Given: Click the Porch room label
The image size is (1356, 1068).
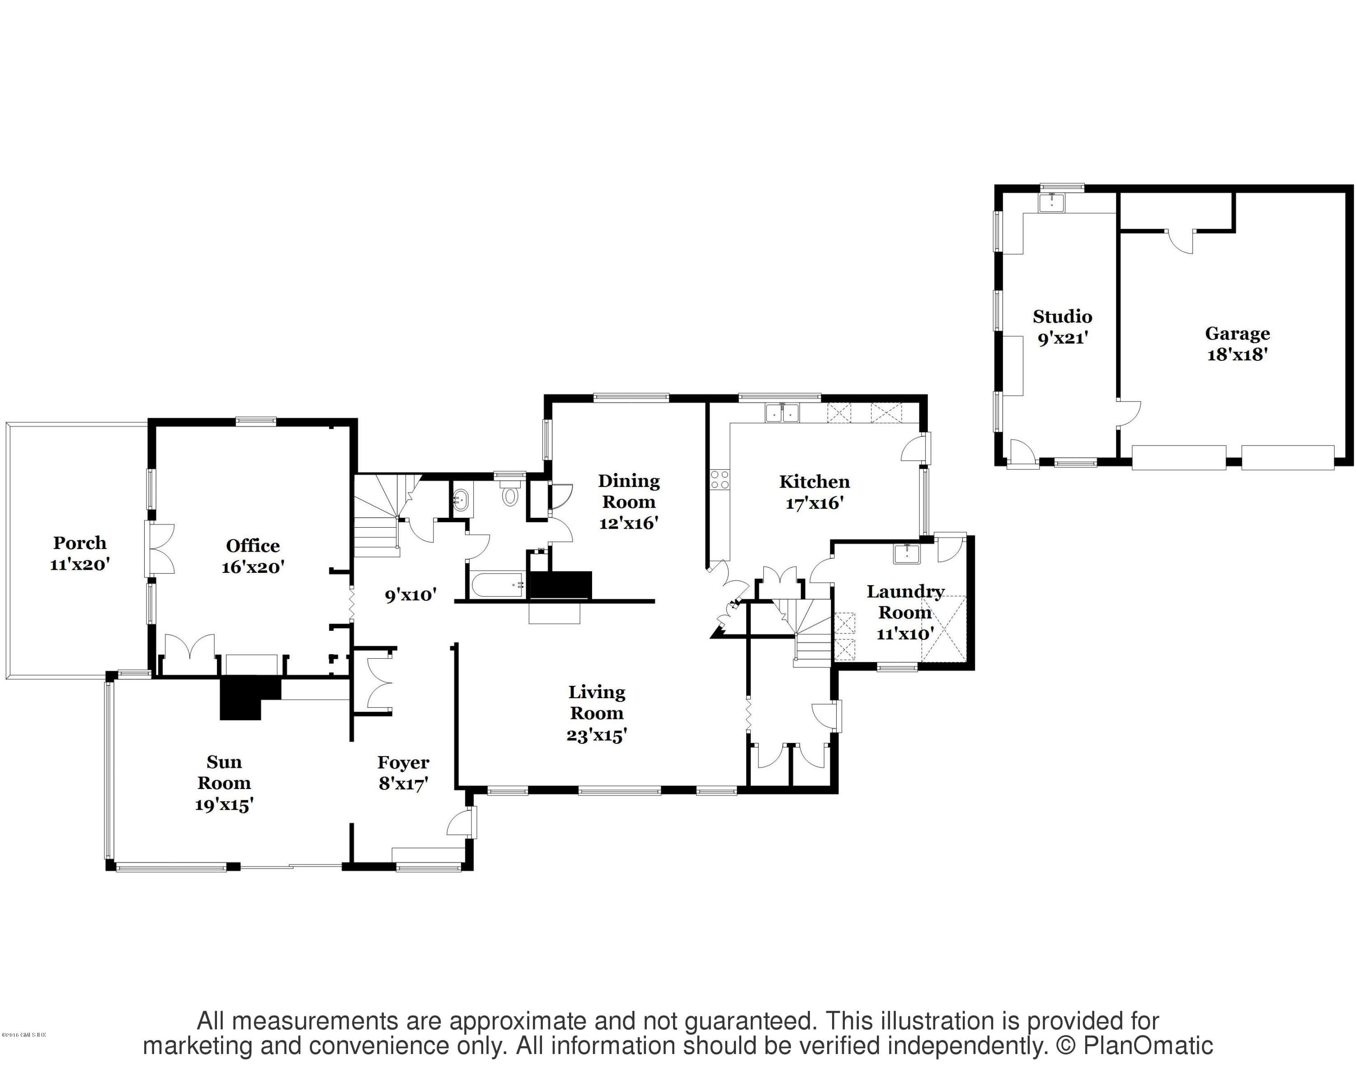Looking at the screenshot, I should pyautogui.click(x=80, y=543).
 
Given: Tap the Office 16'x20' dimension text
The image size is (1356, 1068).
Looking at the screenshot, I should pyautogui.click(x=253, y=567).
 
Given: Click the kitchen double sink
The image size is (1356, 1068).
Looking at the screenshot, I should pyautogui.click(x=782, y=413).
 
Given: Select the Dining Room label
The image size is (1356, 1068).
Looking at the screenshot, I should pyautogui.click(x=628, y=491).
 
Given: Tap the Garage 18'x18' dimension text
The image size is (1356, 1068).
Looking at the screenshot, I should pyautogui.click(x=1237, y=355).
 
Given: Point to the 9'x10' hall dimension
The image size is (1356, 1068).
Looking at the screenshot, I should pyautogui.click(x=410, y=595).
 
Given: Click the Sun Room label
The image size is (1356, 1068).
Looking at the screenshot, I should pyautogui.click(x=224, y=772).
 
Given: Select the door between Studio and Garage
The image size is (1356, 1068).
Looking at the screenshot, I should pyautogui.click(x=1129, y=413).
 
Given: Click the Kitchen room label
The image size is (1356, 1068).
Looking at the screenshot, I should pyautogui.click(x=814, y=482).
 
